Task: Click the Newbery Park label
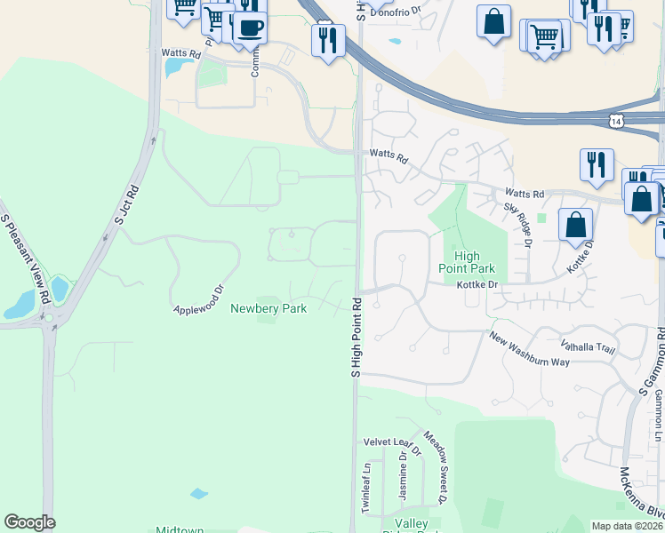(268, 308)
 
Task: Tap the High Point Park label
(467, 261)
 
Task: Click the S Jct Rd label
(127, 203)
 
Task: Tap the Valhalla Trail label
(587, 347)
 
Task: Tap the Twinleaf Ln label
(365, 486)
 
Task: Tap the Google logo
(29, 522)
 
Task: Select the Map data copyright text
(627, 526)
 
